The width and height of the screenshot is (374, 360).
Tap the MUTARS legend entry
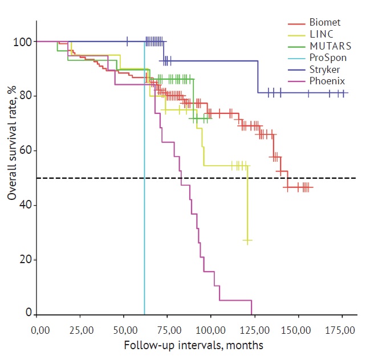click(327, 47)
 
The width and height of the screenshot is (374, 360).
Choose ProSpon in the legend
click(327, 58)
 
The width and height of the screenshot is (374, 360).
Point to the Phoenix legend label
click(326, 81)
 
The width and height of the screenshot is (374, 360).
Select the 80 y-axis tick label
click(23, 96)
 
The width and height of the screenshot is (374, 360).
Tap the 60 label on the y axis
click(23, 151)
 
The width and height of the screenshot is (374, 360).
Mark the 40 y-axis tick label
click(23, 205)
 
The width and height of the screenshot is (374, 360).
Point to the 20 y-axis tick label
click(23, 260)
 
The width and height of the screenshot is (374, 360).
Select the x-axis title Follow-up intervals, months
click(193, 345)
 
